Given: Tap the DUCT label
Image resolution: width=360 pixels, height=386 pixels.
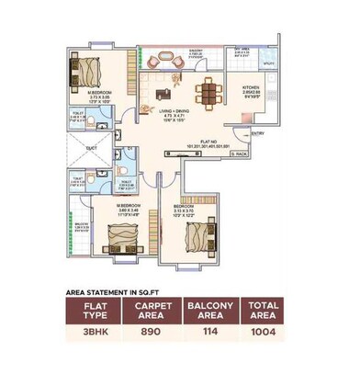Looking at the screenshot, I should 92,147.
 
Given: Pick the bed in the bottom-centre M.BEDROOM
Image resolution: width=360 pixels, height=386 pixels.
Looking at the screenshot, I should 116,242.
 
